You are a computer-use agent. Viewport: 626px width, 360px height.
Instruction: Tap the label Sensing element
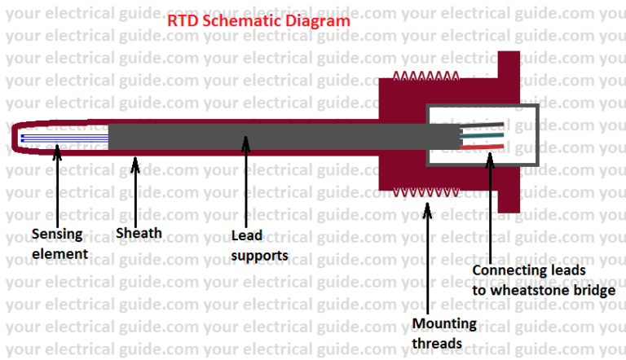58,244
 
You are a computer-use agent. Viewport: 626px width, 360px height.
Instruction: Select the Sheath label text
139,233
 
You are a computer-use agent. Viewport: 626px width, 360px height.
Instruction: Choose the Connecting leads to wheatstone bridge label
543,279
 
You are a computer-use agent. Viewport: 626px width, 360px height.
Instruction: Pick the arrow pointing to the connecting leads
491,203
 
